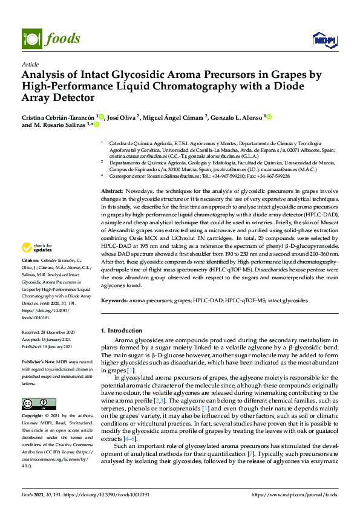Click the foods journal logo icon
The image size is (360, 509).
[30, 38]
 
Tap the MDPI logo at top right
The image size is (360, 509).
[323, 40]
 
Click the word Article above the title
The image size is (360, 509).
[30, 64]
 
